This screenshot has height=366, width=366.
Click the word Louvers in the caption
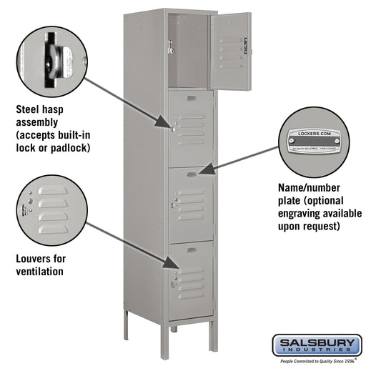coord(34,259)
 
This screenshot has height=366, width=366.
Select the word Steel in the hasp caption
coord(29,111)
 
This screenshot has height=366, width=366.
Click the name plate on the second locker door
coord(191,98)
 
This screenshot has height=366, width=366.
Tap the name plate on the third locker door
coord(191,174)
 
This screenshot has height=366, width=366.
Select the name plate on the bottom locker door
coord(190,249)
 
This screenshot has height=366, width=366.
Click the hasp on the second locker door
coord(172,129)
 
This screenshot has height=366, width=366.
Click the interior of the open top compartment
coord(187,50)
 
